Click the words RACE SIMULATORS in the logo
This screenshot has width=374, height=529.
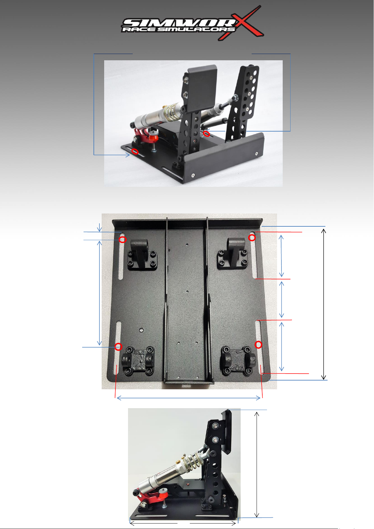(179, 30)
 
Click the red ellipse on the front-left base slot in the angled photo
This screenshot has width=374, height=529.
(135, 151)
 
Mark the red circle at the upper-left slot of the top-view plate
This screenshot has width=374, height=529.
(122, 240)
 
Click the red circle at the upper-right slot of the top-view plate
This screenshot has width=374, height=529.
(252, 238)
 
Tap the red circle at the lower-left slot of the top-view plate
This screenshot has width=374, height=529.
(119, 347)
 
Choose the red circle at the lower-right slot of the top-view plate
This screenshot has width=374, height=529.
(258, 345)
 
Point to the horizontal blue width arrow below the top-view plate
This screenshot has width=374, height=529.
(189, 398)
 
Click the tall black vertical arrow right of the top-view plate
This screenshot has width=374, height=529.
(323, 304)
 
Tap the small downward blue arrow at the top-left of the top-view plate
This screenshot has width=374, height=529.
(99, 227)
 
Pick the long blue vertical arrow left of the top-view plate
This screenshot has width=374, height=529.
(99, 293)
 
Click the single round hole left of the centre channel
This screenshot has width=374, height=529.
(141, 330)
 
